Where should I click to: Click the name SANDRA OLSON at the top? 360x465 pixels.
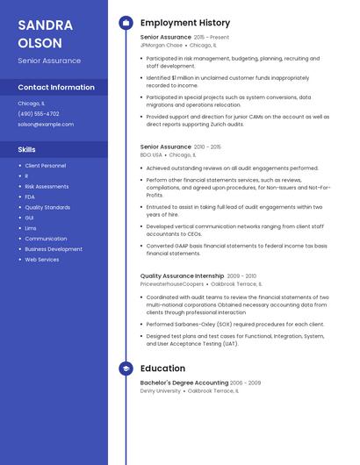click(x=40, y=33)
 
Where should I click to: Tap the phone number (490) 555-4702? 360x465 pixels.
click(x=39, y=113)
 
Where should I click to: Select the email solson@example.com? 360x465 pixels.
click(x=46, y=124)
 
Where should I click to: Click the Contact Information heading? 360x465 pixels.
click(x=56, y=87)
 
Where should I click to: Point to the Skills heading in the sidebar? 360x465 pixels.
click(x=26, y=149)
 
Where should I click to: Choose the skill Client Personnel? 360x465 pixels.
click(x=45, y=165)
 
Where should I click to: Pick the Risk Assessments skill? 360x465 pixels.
click(x=47, y=186)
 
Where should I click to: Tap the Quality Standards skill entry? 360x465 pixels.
click(x=47, y=207)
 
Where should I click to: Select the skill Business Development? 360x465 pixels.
click(x=54, y=248)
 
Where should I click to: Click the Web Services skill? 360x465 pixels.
click(x=42, y=259)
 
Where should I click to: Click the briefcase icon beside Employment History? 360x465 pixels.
click(x=126, y=23)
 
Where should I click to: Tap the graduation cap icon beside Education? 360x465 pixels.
click(x=126, y=368)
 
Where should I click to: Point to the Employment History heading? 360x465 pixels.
click(x=185, y=23)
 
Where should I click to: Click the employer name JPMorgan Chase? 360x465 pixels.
click(x=162, y=45)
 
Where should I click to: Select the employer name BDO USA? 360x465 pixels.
click(x=151, y=154)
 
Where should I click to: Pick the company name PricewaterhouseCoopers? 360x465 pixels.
click(x=172, y=283)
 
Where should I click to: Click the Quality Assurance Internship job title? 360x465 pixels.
click(x=182, y=275)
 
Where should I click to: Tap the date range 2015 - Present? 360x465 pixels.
click(x=212, y=38)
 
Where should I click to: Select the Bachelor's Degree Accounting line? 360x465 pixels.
click(x=184, y=383)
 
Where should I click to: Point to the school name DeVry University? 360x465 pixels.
click(x=161, y=390)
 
